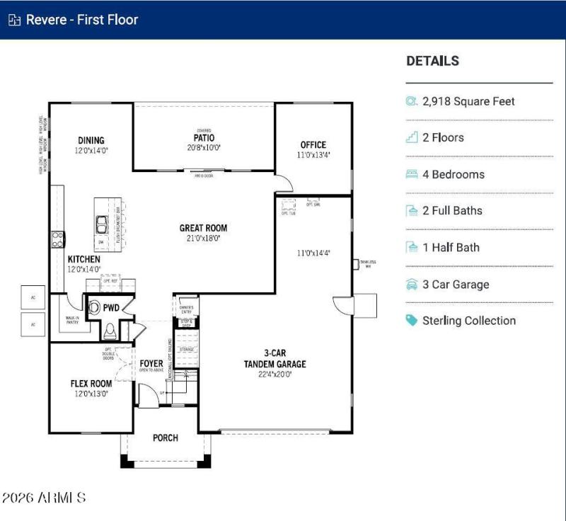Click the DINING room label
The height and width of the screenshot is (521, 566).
pos(91,140)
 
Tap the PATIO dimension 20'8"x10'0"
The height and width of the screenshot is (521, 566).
pos(204,148)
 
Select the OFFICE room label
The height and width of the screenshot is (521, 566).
pos(313,145)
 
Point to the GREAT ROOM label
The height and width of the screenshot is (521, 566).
pos(203,228)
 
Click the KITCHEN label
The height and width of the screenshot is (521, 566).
pos(83,260)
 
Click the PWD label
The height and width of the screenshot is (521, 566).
pos(111,308)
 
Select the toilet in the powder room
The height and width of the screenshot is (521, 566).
pos(109,330)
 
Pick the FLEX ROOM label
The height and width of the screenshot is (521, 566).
pos(91,384)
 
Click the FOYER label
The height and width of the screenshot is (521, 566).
pos(151,364)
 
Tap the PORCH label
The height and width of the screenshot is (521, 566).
pos(166,438)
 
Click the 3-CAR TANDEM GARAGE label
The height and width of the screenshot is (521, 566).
pos(276,359)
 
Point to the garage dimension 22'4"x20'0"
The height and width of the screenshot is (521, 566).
pos(276,374)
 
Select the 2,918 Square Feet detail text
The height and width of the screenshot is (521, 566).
pos(468,101)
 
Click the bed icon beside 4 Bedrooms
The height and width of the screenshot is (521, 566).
pos(412,174)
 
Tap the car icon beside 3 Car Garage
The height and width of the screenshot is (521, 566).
pos(412,285)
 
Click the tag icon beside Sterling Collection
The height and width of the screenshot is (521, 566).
pos(412,321)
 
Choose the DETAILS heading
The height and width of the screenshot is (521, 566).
pos(432,62)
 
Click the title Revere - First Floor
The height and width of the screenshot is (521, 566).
pos(81,20)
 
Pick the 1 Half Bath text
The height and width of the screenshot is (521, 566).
pos(451,248)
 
